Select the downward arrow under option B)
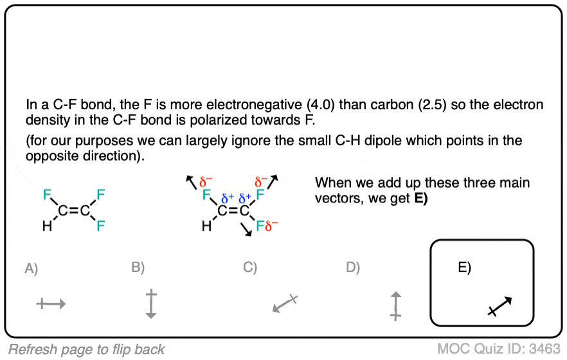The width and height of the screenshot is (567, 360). point(151,304)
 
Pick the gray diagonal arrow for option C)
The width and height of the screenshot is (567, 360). point(283,303)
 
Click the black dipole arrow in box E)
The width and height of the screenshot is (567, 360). point(500,306)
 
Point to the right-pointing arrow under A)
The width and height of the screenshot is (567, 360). point(51,304)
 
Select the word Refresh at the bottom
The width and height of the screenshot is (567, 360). point(32,349)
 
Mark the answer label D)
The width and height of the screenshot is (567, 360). point(353,268)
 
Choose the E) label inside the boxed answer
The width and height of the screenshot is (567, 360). point(465,268)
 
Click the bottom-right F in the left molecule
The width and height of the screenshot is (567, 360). point(101,226)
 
